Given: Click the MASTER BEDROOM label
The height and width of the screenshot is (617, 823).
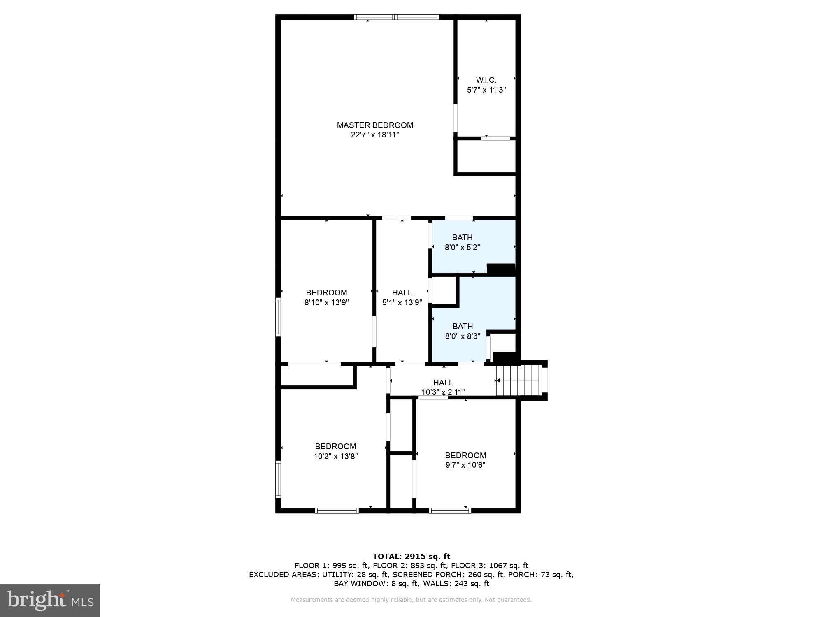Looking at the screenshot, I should [x=375, y=125].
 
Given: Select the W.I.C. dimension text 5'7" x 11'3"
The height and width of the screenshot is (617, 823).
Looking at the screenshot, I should [x=486, y=90].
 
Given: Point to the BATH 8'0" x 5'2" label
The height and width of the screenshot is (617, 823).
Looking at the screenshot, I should [x=462, y=242].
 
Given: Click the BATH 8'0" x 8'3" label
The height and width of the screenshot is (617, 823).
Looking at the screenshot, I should [x=463, y=331].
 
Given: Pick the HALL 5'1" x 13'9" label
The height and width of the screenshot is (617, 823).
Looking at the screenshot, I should [x=402, y=297].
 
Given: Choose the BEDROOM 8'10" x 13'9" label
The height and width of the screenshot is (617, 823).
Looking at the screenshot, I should [x=326, y=297].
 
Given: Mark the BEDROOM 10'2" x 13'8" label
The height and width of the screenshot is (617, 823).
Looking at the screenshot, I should [x=335, y=451].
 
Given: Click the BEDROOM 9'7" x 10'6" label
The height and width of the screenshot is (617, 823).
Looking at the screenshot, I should [x=465, y=460].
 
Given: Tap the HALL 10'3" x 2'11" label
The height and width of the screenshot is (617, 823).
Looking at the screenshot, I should [x=443, y=387].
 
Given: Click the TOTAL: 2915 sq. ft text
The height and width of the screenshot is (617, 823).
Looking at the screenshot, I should [x=411, y=557].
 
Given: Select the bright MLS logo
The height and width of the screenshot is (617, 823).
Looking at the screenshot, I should [x=50, y=601].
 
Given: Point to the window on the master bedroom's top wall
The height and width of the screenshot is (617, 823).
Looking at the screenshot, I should [x=396, y=17].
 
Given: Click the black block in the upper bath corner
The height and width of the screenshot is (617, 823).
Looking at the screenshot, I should [x=501, y=268].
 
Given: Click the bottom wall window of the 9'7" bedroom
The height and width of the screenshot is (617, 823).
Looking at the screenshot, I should [x=450, y=510].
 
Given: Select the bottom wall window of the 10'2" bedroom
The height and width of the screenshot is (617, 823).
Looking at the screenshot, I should [x=337, y=510].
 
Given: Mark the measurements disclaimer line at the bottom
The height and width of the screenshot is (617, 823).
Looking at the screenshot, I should [x=411, y=600].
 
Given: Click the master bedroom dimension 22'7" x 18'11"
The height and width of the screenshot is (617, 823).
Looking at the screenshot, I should [x=375, y=135].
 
